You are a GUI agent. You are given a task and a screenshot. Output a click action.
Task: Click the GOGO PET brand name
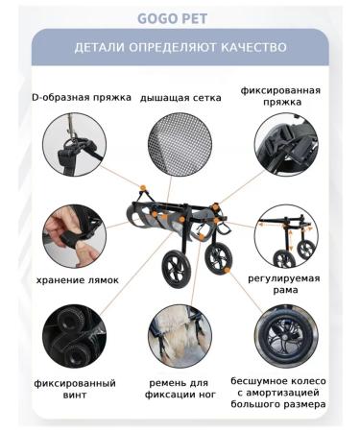pos(180,16)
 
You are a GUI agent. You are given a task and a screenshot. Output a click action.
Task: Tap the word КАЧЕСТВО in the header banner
pos(254,47)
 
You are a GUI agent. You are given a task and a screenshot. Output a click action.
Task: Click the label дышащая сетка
pos(180,97)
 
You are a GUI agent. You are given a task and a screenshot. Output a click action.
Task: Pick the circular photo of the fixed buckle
pos(286,146)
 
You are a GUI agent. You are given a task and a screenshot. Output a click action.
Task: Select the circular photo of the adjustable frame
pos(286,236)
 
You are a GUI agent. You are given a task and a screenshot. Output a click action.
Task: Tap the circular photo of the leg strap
pos(180,336)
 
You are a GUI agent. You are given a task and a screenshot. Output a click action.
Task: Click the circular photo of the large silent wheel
pos(286,336)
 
